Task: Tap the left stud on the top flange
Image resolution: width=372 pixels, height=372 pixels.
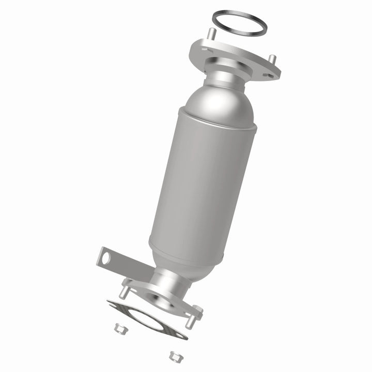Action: pos(211,36)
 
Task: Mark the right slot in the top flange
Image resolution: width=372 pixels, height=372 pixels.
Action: pos(267,75)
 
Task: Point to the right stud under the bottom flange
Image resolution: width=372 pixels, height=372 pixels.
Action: pos(191,321)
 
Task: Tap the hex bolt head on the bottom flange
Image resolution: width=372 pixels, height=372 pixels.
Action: pos(197,311)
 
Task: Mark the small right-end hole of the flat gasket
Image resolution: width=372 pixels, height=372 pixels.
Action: pos(179,335)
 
